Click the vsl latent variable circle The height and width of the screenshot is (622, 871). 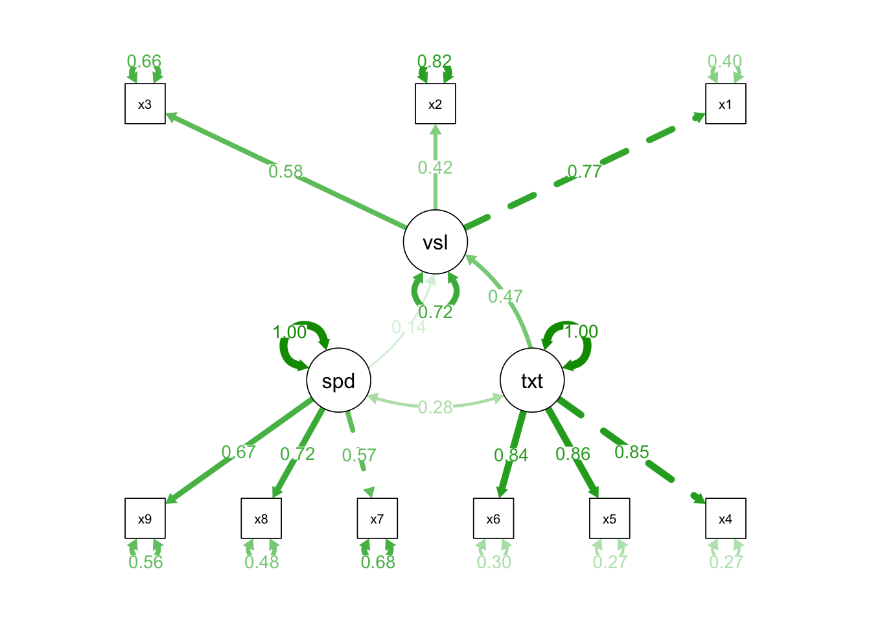click(435, 242)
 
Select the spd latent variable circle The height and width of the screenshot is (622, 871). click(338, 380)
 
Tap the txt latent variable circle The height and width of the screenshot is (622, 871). click(532, 380)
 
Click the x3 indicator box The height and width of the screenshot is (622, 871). click(145, 104)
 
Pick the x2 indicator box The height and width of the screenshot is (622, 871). click(435, 104)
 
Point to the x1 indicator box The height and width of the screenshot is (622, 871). click(726, 104)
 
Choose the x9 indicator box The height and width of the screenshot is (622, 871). click(145, 518)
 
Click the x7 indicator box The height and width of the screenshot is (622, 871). click(377, 518)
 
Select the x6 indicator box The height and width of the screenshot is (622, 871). click(493, 518)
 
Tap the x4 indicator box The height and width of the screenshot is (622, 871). click(726, 518)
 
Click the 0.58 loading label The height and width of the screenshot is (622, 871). click(286, 172)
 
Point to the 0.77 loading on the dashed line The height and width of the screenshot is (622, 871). click(585, 172)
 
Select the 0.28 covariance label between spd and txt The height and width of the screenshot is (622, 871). click(435, 407)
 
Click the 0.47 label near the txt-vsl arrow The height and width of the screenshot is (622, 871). click(505, 297)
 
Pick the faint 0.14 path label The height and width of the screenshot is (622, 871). click(409, 327)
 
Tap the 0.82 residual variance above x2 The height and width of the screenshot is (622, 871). click(435, 62)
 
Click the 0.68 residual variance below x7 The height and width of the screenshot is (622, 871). click(378, 562)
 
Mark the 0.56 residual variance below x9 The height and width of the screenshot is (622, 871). click(146, 562)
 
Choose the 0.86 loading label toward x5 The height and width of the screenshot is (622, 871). click(573, 454)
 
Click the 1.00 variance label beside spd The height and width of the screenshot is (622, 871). click(289, 332)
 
